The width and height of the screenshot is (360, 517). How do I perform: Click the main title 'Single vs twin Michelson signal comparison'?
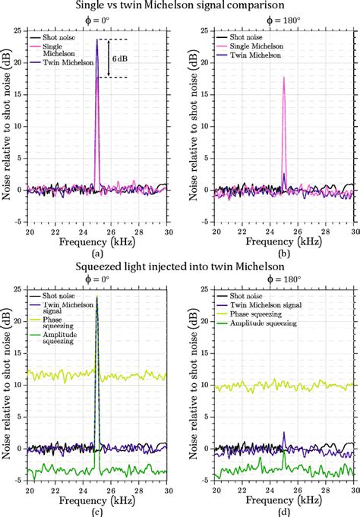pyautogui.click(x=180, y=6)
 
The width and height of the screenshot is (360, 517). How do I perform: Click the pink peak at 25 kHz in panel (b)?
pyautogui.click(x=283, y=78)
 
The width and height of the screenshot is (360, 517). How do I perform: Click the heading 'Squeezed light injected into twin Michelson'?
pyautogui.click(x=180, y=266)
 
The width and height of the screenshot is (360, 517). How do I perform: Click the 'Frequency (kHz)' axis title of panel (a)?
pyautogui.click(x=96, y=241)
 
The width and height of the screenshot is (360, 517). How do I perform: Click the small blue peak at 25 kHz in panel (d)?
pyautogui.click(x=283, y=434)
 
